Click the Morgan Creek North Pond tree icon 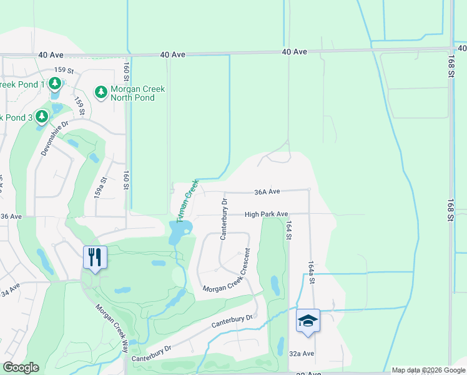click(101, 92)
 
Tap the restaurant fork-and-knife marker click(95, 257)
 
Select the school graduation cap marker click(308, 321)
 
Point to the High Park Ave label click(266, 214)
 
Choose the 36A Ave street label click(266, 192)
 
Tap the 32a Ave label click(302, 354)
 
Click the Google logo click(21, 367)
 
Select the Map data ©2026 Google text click(428, 370)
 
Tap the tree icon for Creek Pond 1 click(55, 83)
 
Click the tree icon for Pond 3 click(42, 117)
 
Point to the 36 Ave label click(11, 216)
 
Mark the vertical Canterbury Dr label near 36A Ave click(224, 219)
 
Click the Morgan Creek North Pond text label click(137, 93)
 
